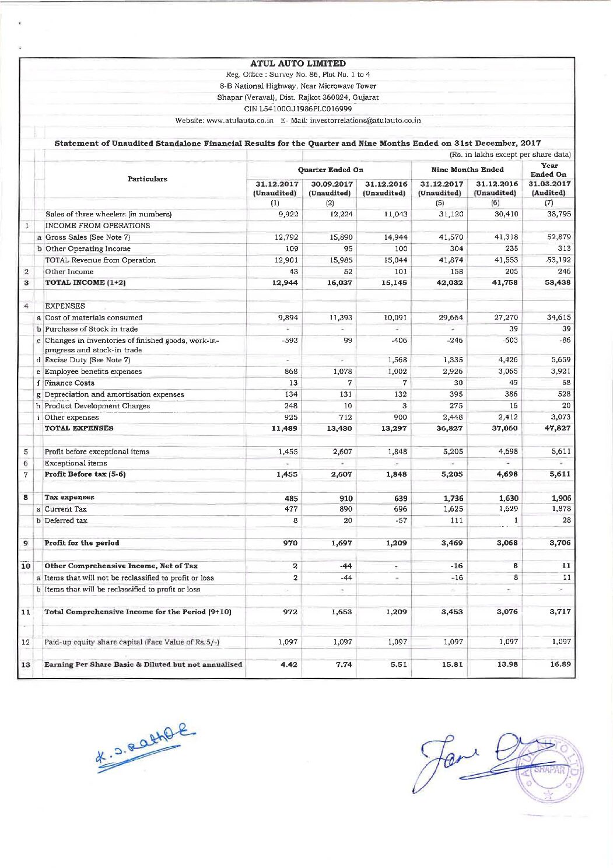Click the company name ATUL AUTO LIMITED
click(x=298, y=64)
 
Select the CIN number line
click(x=298, y=109)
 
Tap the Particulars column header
click(x=147, y=179)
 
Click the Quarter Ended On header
click(x=330, y=170)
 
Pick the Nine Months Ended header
click(x=467, y=170)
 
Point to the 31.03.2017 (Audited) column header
click(x=549, y=188)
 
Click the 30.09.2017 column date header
click(x=331, y=184)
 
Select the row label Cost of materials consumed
click(x=93, y=318)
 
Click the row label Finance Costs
click(x=69, y=383)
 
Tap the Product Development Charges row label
click(x=97, y=406)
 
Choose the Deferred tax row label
click(x=66, y=521)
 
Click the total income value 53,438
click(x=558, y=283)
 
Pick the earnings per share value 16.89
click(x=560, y=664)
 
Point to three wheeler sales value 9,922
click(x=289, y=214)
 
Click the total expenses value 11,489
click(x=285, y=429)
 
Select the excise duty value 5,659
click(x=561, y=360)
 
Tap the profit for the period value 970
click(x=290, y=543)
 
